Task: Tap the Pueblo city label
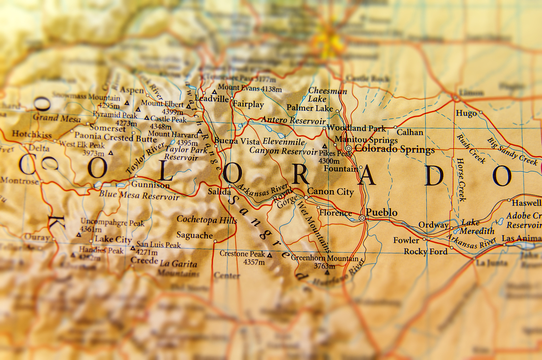tap(382, 213)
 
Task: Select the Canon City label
tap(331, 191)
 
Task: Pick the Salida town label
tap(220, 191)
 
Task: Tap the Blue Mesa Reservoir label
tap(139, 196)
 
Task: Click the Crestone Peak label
tap(242, 254)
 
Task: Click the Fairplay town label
tap(248, 104)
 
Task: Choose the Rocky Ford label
tap(425, 252)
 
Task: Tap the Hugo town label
tap(466, 113)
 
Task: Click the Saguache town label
tap(195, 235)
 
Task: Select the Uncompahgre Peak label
tap(112, 222)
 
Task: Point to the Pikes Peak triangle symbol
tap(324, 146)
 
